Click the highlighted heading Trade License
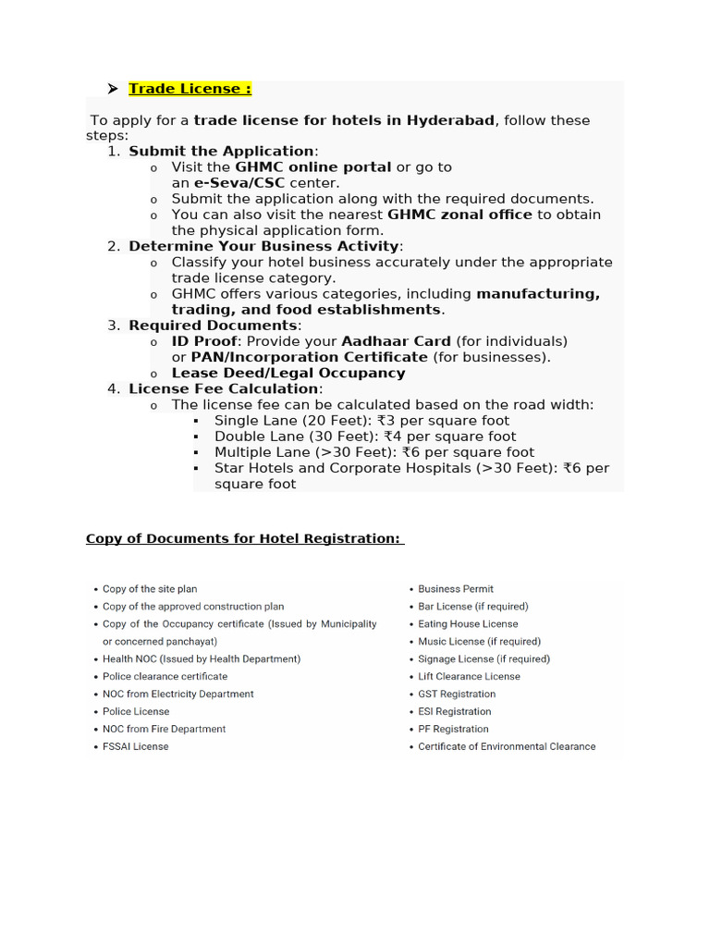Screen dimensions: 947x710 click(x=190, y=89)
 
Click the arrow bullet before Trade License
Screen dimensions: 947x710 click(x=112, y=89)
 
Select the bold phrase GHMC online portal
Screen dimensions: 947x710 click(x=313, y=167)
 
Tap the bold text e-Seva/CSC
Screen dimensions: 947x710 click(x=239, y=183)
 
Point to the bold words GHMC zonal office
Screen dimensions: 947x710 click(x=459, y=215)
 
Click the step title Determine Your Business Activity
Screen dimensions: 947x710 click(x=263, y=246)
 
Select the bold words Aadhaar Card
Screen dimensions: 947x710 click(x=396, y=341)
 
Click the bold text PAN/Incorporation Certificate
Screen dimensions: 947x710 click(x=309, y=357)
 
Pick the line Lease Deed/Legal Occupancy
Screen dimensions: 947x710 click(x=288, y=373)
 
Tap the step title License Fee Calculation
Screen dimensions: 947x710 click(x=225, y=388)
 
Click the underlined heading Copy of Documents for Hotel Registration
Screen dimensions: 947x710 click(x=245, y=538)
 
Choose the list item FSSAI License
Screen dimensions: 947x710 click(x=135, y=746)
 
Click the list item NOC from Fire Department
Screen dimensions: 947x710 click(x=164, y=729)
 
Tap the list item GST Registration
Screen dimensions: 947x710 click(x=457, y=694)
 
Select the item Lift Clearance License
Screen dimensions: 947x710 click(x=469, y=676)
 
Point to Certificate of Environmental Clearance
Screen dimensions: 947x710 click(x=507, y=746)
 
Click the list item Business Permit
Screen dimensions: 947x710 click(x=456, y=588)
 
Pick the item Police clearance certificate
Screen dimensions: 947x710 click(x=165, y=676)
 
